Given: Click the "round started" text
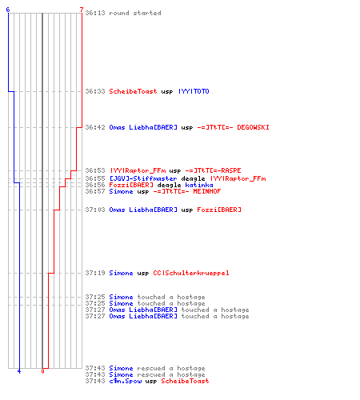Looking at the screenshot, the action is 135,13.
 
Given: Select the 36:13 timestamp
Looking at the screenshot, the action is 95,13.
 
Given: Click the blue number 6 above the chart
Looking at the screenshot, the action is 8,10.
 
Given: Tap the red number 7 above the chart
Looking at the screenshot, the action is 82,10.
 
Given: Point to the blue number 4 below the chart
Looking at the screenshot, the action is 19,371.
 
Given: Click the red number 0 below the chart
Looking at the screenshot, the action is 42,371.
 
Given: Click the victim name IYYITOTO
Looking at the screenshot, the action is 194,91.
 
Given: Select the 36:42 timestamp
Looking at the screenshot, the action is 95,127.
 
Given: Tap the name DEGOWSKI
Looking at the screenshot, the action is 253,127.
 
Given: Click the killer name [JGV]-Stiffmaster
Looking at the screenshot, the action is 143,178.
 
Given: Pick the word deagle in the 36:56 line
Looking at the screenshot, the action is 169,185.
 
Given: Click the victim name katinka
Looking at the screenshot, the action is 199,185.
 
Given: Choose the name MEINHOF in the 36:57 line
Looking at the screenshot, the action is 207,191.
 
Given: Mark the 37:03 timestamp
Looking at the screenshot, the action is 95,210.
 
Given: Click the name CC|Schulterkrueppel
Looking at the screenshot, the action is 191,273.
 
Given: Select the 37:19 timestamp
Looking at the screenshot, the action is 95,273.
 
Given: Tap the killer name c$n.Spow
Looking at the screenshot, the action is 126,381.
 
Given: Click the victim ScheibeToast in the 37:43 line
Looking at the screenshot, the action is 185,381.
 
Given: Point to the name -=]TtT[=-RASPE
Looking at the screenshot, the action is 213,170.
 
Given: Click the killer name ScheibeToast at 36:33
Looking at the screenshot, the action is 133,91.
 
